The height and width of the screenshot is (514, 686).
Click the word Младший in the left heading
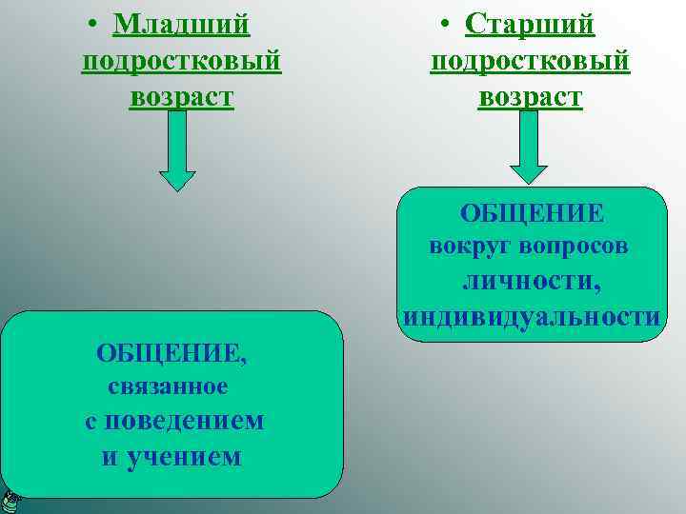181,23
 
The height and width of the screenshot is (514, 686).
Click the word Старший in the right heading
530,23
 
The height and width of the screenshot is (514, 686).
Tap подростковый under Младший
182,60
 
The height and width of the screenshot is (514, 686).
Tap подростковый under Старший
530,60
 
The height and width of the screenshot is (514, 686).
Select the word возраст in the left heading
181,97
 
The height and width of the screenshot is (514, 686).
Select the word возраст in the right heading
530,97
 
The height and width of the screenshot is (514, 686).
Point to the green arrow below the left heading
176,152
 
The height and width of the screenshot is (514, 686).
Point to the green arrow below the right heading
529,148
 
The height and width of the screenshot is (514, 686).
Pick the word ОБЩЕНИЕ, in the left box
171,354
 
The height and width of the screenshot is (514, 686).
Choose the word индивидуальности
531,316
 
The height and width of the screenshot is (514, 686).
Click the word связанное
168,386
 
